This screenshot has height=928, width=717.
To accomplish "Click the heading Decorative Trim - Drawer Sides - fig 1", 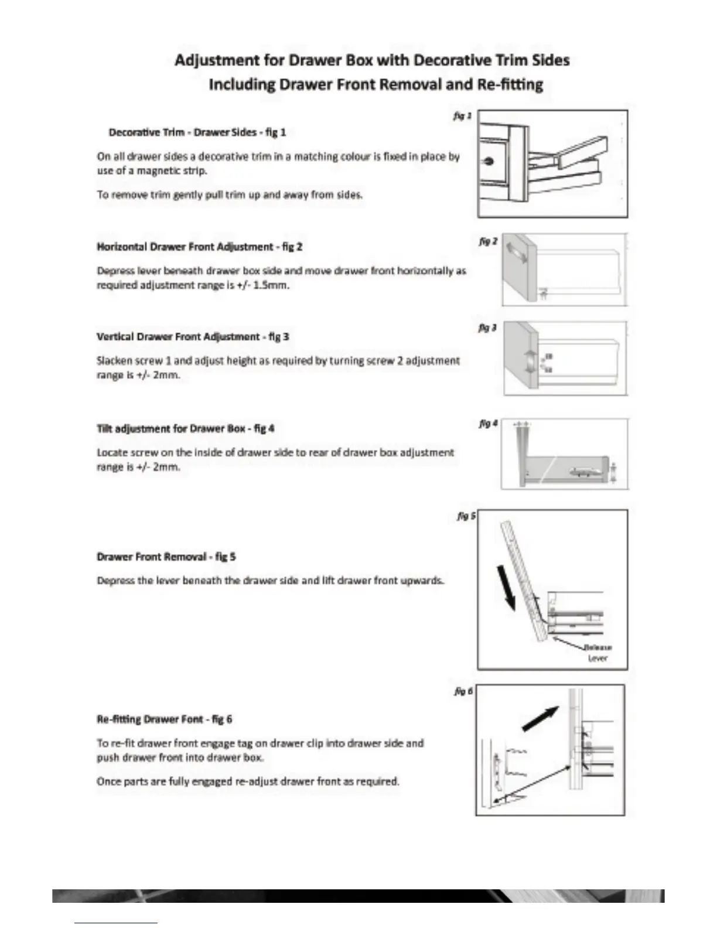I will (197, 132).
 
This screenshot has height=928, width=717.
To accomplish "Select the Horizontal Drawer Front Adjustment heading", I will (199, 247).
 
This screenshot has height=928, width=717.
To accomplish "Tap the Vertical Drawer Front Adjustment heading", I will (193, 337).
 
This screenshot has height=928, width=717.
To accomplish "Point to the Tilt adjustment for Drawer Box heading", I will (186, 429).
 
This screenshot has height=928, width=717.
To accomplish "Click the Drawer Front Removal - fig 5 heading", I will (166, 557).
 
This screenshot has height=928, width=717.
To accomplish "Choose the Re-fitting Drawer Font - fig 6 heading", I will (164, 719).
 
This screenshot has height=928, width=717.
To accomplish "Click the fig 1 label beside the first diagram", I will (462, 116).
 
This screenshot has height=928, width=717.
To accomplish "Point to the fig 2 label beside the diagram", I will (488, 241).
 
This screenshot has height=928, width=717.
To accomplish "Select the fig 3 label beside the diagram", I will (487, 328).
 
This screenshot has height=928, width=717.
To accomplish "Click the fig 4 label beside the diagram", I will (488, 423).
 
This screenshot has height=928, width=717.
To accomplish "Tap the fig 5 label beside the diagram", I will (466, 516).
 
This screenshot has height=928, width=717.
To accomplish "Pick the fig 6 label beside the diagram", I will (463, 692).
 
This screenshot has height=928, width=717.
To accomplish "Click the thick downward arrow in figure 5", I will (508, 586).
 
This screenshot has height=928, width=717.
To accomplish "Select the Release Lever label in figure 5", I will (597, 653).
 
